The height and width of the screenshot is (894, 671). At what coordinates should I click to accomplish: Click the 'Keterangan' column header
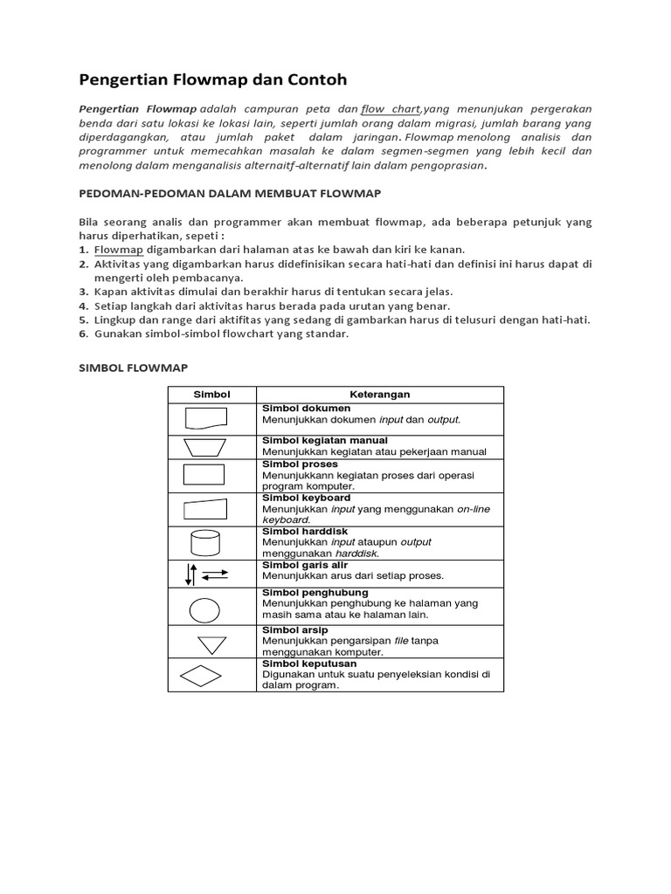click(379, 395)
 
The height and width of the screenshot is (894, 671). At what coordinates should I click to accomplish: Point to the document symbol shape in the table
click(206, 420)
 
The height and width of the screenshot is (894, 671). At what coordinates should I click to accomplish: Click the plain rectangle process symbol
click(204, 474)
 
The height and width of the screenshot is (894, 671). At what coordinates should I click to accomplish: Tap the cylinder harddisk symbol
click(206, 542)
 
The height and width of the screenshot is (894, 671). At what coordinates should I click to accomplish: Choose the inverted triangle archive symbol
click(211, 645)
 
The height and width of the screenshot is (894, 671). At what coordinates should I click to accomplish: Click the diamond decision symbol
click(202, 676)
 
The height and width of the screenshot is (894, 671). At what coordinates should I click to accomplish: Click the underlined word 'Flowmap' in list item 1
click(118, 249)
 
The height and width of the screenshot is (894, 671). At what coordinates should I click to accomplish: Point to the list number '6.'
click(84, 334)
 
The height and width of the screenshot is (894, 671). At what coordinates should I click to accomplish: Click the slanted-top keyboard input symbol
click(205, 508)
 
